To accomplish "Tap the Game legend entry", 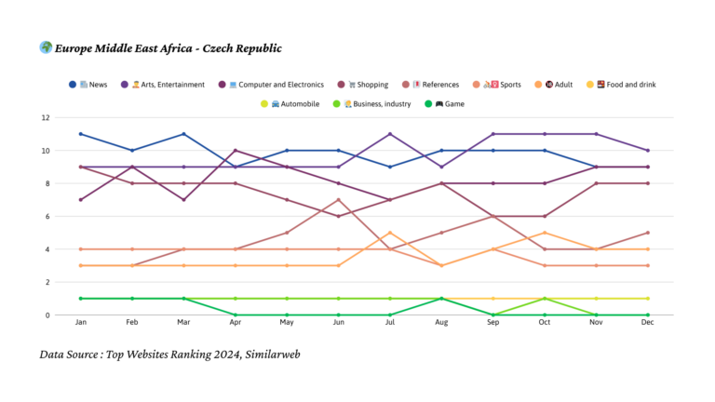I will coord(452,104).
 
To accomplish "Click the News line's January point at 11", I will coord(81,134).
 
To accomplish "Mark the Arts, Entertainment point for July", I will coord(390,134).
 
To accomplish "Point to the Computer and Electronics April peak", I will coord(236,151).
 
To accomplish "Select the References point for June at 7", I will coord(339,200).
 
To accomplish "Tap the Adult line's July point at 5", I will coord(390,233).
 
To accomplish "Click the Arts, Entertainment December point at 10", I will coord(648,151).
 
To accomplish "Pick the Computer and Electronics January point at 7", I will coord(81,200).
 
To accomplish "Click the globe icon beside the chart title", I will coord(46,48).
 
